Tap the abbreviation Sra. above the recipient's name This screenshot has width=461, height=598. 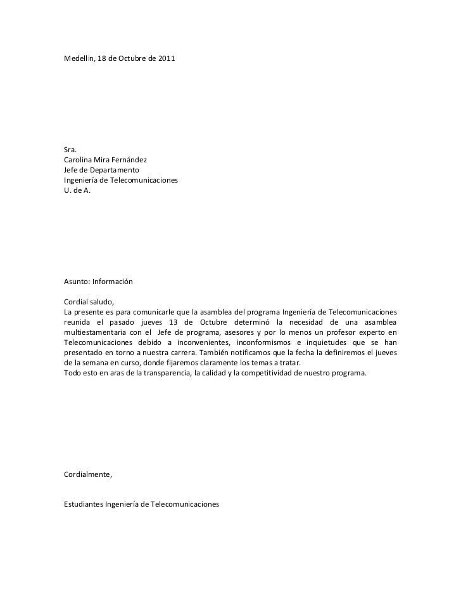click(70, 149)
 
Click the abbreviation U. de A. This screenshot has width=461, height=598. click(77, 191)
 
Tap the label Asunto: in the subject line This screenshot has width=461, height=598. click(78, 282)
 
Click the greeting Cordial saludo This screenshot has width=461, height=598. click(89, 302)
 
